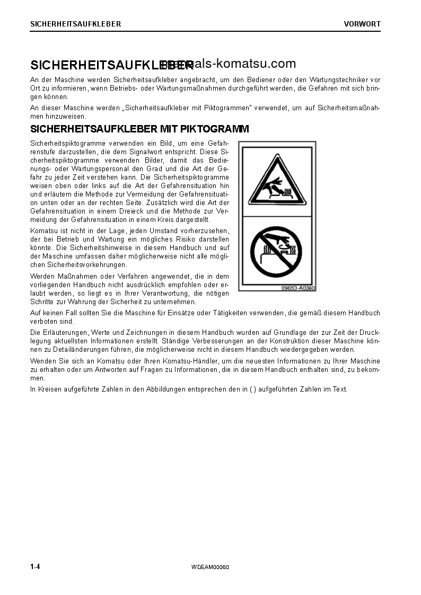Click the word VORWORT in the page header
point(362,24)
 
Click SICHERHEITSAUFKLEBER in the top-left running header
point(75,24)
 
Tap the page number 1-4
point(36,567)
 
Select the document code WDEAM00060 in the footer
point(210,567)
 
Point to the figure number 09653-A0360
point(298,288)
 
